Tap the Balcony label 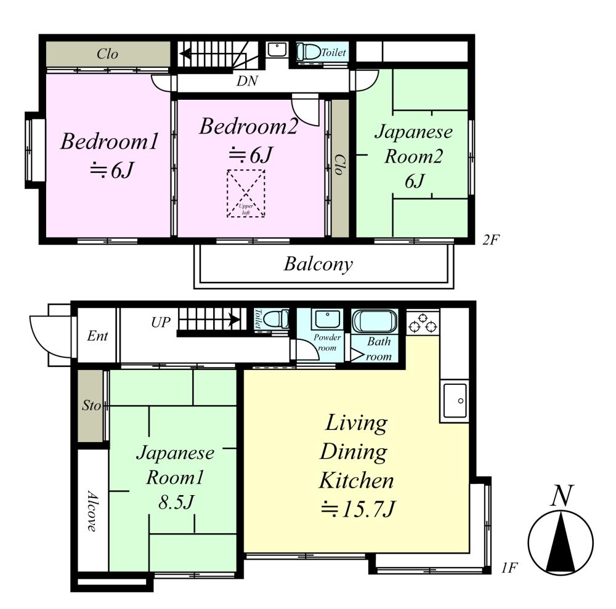[x=318, y=264]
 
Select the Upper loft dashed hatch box [x=246, y=193]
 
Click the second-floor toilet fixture [x=309, y=52]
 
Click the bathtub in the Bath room [x=375, y=321]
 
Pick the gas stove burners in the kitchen [x=423, y=322]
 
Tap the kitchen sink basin [x=455, y=400]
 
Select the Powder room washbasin [x=327, y=320]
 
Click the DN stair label [x=247, y=81]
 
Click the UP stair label [x=161, y=323]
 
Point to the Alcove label [x=92, y=510]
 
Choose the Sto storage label [x=91, y=405]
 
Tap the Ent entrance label [x=97, y=336]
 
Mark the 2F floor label [x=491, y=239]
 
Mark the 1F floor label [x=509, y=568]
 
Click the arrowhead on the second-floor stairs [x=185, y=54]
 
